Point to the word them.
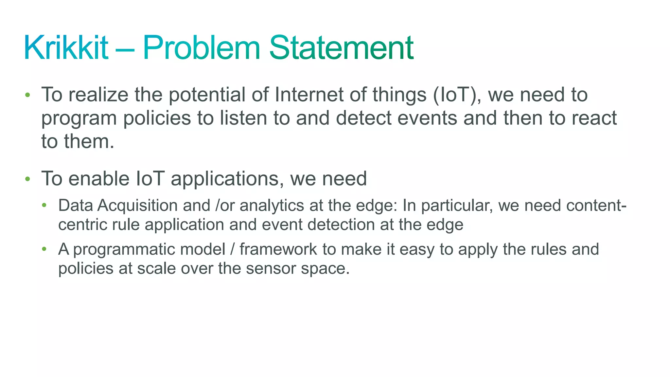tap(89, 141)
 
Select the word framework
tap(278, 249)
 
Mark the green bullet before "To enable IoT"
tap(27, 179)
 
